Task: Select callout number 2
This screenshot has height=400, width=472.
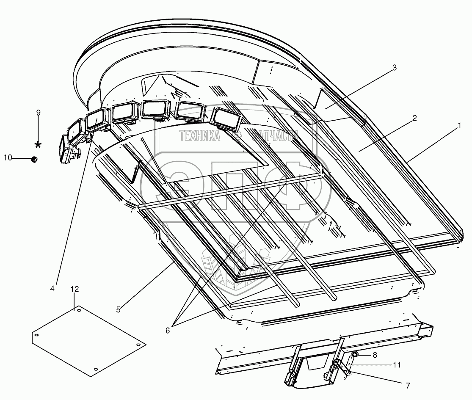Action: (x=414, y=118)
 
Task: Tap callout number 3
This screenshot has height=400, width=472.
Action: (x=394, y=67)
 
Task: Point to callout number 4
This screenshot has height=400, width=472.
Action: (x=52, y=289)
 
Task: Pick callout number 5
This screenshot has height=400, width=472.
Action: (x=119, y=309)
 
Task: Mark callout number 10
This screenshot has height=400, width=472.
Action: (x=7, y=158)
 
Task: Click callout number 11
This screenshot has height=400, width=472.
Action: (x=396, y=364)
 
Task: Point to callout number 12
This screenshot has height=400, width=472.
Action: (x=75, y=289)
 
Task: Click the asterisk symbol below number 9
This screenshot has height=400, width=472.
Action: (x=39, y=145)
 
